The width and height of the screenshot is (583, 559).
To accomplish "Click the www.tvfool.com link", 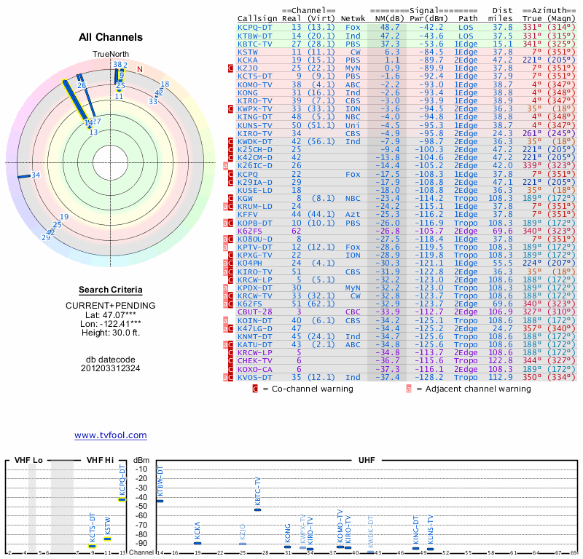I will [x=110, y=435].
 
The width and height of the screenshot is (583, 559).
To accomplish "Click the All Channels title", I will [x=111, y=37].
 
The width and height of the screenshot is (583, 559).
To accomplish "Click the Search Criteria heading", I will [x=111, y=290].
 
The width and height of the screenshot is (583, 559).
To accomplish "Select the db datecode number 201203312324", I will [x=111, y=368].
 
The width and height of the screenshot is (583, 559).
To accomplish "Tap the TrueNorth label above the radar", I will [x=110, y=55].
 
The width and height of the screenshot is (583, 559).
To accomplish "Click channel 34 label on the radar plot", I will [x=35, y=175].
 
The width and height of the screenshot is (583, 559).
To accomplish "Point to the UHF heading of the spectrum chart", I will [x=367, y=461].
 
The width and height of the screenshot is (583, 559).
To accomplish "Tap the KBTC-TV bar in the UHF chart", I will [x=257, y=510].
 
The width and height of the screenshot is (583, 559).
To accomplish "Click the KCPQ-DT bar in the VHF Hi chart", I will [x=122, y=499].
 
